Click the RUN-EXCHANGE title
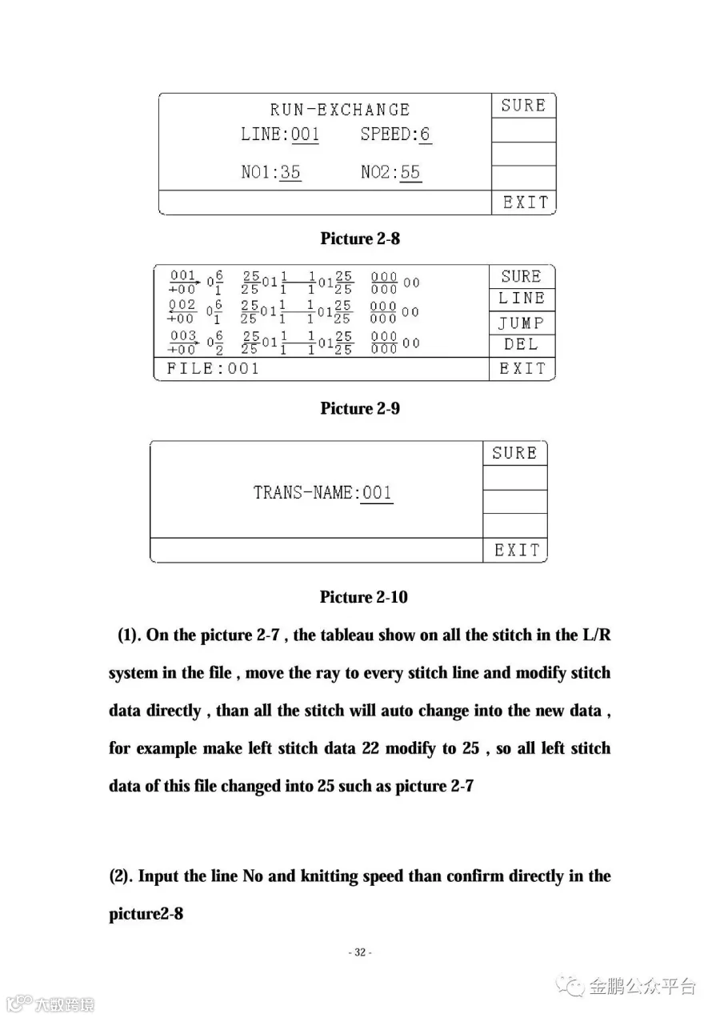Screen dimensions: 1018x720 pos(339,110)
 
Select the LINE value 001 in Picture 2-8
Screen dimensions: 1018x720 pos(305,134)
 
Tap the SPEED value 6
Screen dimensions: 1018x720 pos(425,134)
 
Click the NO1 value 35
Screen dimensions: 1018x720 pos(290,172)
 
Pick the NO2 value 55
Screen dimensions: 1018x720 pos(410,172)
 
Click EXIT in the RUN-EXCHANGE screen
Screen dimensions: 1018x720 pos(525,202)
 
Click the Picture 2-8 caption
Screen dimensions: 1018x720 pos(360,238)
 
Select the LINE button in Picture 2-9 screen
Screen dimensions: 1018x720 pos(522,299)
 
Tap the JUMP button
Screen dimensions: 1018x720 pos(522,323)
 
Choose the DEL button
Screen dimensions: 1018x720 pos(522,345)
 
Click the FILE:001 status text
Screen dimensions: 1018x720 pos(213,369)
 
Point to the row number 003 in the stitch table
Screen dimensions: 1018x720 pos(182,336)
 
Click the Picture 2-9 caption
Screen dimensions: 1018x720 pos(360,408)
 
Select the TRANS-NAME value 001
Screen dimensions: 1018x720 pos(378,492)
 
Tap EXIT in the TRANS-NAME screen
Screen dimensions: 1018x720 pos(517,551)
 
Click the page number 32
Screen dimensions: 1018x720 pos(360,952)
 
